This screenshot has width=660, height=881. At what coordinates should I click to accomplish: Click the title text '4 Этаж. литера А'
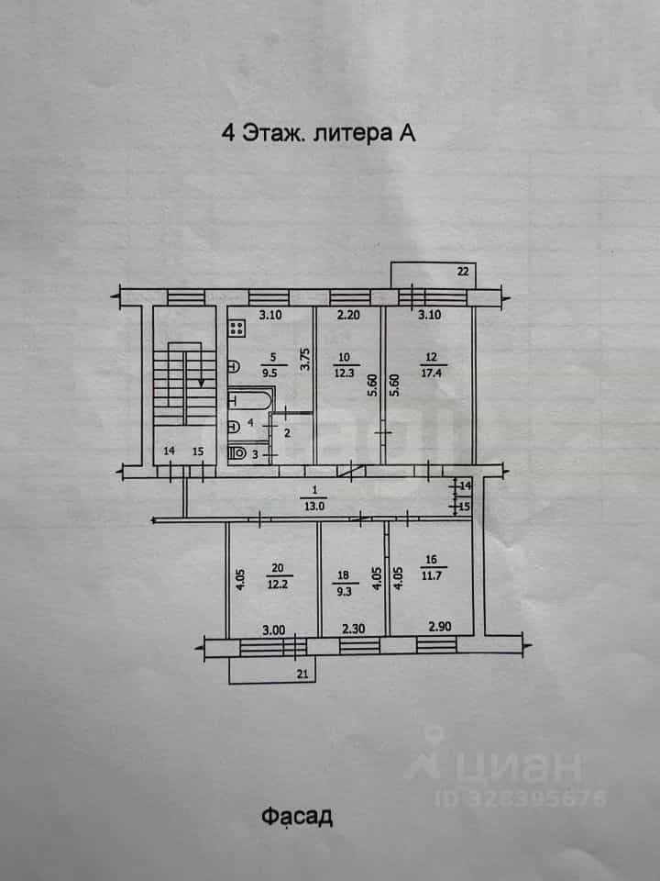[x=319, y=134]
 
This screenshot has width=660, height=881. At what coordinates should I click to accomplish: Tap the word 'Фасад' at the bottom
[x=297, y=817]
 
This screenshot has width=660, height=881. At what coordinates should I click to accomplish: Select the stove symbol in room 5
[x=236, y=328]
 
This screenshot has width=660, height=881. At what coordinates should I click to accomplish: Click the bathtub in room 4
[x=251, y=400]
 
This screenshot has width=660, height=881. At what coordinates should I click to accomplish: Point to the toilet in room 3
[x=237, y=453]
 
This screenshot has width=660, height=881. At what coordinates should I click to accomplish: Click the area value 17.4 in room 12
[x=431, y=371]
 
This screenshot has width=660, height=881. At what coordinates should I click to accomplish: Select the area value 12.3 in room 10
[x=344, y=372]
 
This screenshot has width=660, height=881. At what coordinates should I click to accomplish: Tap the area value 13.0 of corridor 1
[x=313, y=506]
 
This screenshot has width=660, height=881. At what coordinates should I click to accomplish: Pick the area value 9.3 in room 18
[x=344, y=591]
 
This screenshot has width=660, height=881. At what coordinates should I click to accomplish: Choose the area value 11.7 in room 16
[x=431, y=574]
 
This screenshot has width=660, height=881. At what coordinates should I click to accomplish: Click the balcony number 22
[x=462, y=272]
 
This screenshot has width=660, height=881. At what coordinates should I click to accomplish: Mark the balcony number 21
[x=302, y=675]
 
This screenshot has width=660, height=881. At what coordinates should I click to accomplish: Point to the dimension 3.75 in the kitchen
[x=304, y=360]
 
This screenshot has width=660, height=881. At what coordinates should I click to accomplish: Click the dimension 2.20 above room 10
[x=348, y=315]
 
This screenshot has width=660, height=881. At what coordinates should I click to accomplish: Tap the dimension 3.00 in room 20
[x=274, y=630]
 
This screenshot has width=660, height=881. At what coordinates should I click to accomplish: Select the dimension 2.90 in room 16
[x=440, y=627]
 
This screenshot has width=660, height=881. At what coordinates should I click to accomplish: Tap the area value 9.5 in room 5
[x=273, y=371]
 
